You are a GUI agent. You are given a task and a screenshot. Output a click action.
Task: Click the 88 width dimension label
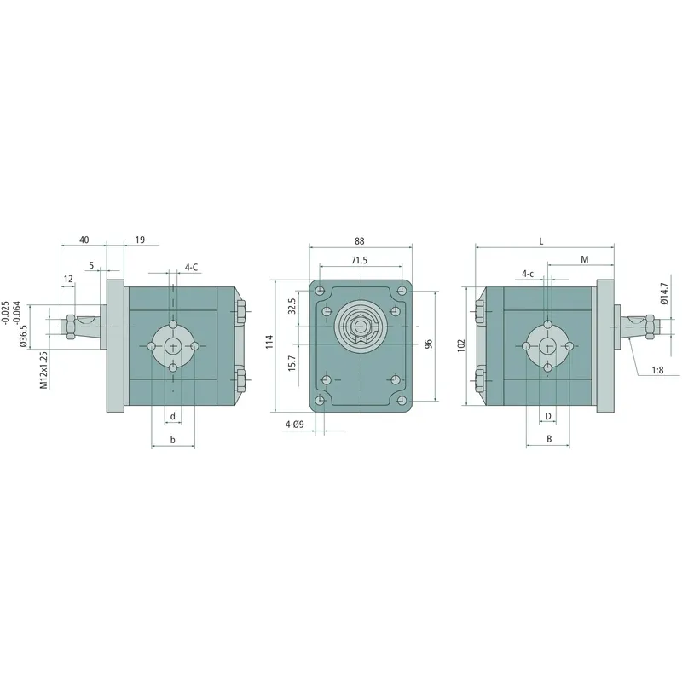coord(361,240)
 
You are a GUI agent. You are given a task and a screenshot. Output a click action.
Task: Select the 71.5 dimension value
coord(359,261)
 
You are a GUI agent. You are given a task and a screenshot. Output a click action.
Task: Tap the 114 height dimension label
coord(269,342)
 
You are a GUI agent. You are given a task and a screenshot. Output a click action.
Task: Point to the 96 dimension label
coord(429,343)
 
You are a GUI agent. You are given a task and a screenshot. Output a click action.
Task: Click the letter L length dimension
coord(541,241)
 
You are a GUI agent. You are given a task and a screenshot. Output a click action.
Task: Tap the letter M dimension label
coord(584,258)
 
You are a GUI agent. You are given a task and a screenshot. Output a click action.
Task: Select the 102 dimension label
coord(461,345)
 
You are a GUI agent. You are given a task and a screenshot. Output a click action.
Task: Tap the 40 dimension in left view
coord(84,240)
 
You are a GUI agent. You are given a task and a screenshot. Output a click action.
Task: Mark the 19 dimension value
coord(140,240)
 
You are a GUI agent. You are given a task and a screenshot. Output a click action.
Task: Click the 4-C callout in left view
coord(192,267)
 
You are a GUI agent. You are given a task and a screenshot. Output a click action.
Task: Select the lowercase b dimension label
coord(173,440)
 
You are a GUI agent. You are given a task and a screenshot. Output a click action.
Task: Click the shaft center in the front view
coord(362,326)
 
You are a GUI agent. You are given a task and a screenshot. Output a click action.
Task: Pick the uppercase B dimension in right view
coord(549,440)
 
